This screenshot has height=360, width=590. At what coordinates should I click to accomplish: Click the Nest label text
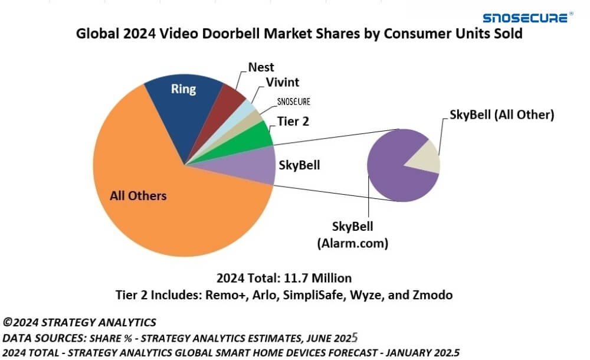(x=260, y=67)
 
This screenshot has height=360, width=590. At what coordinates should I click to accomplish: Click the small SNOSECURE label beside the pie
(x=293, y=102)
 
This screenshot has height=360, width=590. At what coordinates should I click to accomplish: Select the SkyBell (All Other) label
(x=501, y=114)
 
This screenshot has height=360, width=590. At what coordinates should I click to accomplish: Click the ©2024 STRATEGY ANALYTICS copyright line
(x=80, y=322)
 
